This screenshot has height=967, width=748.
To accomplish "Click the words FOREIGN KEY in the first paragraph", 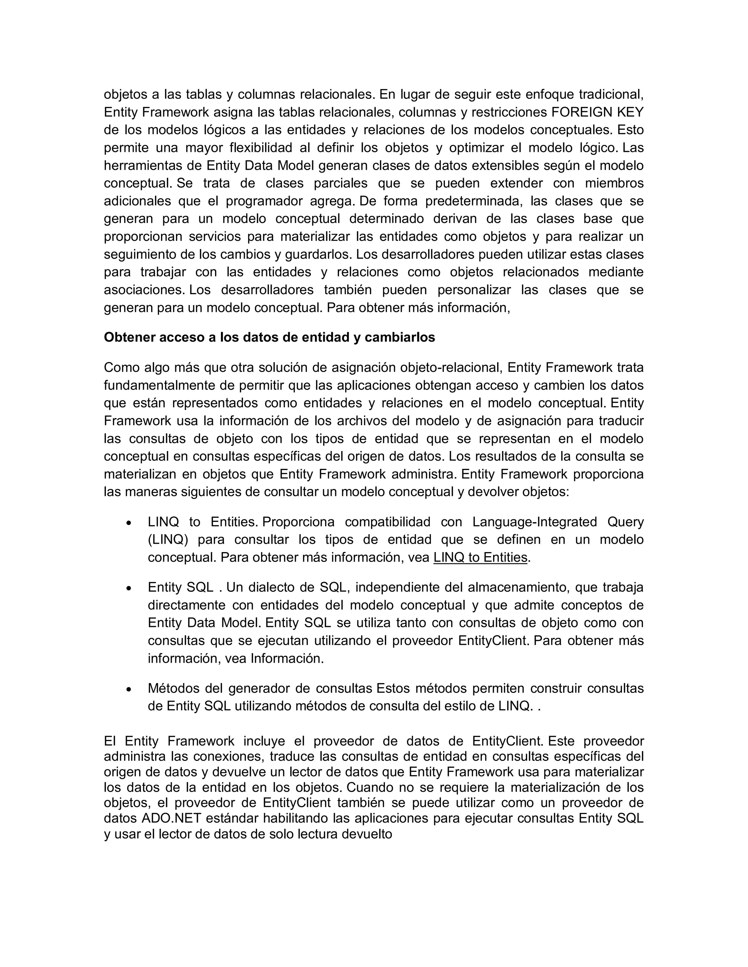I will (597, 112).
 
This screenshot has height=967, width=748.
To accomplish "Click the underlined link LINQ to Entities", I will (480, 558).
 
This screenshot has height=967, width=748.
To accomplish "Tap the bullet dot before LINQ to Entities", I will (129, 523).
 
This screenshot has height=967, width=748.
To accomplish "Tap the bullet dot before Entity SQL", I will (129, 589).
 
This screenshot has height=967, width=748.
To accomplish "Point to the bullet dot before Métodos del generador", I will (129, 689).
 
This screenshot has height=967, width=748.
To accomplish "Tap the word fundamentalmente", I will (160, 385).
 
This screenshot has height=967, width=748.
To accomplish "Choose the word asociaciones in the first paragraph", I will (144, 290).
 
